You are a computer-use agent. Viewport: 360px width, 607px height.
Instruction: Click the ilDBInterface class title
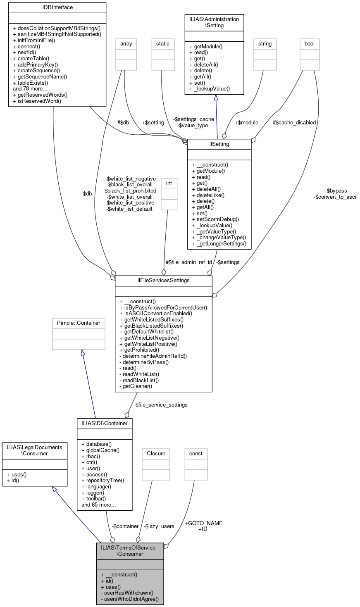(57, 7)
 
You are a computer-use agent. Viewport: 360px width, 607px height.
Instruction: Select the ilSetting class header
(219, 144)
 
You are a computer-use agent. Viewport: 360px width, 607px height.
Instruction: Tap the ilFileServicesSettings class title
(163, 280)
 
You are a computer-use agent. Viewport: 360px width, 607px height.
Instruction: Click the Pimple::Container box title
(79, 322)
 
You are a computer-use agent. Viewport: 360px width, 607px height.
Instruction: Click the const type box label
(196, 453)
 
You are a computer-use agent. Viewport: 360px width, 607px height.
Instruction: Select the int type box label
(169, 183)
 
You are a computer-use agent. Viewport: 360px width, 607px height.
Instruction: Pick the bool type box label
(309, 43)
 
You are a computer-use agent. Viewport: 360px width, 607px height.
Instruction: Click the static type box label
(162, 43)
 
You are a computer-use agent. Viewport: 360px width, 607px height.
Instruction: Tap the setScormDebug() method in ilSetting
(215, 219)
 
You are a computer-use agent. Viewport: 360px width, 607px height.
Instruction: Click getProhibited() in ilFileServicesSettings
(139, 350)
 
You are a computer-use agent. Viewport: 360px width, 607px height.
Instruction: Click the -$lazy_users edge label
(159, 526)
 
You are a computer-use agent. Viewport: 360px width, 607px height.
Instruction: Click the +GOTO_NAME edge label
(203, 523)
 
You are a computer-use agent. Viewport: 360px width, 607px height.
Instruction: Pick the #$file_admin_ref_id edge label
(189, 262)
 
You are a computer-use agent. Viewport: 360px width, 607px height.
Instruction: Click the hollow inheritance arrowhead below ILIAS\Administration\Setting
(216, 98)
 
